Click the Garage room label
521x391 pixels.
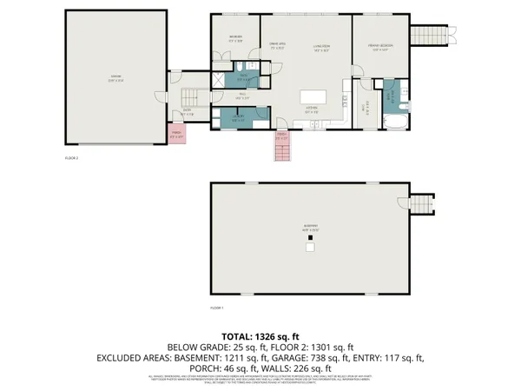click(x=115, y=76)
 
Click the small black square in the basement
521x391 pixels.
click(x=310, y=249)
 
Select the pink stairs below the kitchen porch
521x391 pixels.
click(x=282, y=152)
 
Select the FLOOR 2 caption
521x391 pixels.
click(x=71, y=158)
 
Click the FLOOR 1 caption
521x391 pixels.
click(x=217, y=308)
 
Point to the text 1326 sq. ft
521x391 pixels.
click(x=280, y=335)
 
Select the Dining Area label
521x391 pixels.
click(x=277, y=45)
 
